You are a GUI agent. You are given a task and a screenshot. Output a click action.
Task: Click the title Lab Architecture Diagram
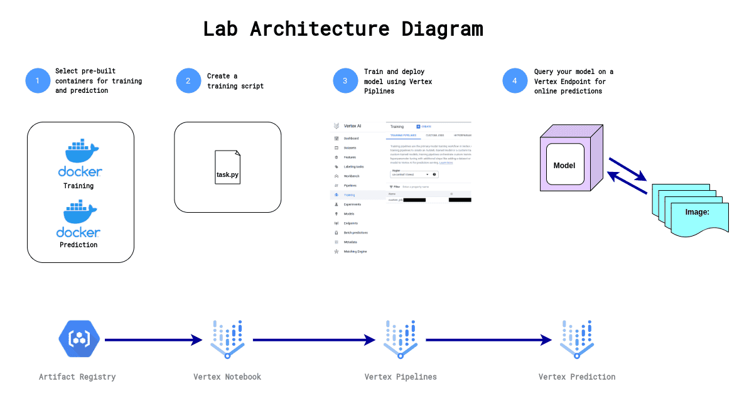343,29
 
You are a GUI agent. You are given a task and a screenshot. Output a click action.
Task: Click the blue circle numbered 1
38,81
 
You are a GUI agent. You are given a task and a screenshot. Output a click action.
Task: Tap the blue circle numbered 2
188,81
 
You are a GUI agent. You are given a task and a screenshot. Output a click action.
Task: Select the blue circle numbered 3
345,81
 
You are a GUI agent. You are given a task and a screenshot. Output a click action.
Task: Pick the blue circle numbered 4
515,81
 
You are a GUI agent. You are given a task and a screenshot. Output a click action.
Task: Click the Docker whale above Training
80,152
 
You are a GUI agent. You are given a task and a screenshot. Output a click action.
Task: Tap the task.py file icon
227,168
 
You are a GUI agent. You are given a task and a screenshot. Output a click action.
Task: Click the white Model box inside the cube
564,166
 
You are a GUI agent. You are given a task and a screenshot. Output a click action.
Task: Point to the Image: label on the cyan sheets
697,212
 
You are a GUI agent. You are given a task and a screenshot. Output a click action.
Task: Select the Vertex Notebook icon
227,339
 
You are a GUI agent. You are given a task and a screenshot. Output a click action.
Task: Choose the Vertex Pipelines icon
401,339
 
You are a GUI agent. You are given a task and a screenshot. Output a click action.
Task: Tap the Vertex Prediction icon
577,339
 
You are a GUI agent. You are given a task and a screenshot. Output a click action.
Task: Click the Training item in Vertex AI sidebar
349,195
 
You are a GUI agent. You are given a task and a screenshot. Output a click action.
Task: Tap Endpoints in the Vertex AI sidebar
351,223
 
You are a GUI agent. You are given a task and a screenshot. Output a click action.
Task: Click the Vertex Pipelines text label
401,377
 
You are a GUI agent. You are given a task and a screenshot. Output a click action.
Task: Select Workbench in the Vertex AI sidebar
352,176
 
